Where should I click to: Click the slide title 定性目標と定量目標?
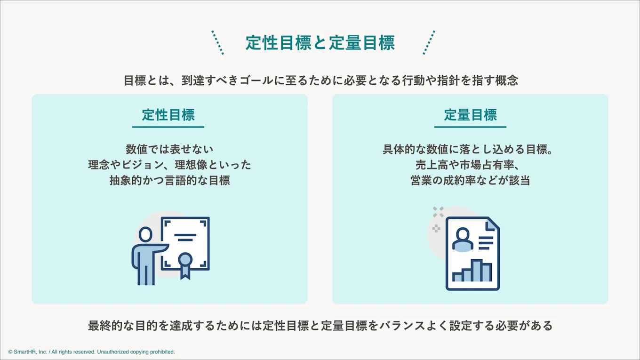[320, 43]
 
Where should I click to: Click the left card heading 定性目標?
[168, 115]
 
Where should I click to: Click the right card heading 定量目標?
[470, 115]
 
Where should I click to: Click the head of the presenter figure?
[146, 234]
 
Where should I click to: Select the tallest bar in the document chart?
[477, 270]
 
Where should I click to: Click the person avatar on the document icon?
[462, 239]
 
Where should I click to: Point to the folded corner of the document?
[492, 224]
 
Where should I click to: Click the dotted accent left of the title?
[217, 42]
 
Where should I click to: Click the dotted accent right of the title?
[429, 42]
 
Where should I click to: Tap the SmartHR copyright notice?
[91, 352]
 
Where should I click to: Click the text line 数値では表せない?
[169, 149]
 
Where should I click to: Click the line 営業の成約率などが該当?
[470, 180]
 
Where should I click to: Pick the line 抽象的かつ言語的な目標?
[169, 180]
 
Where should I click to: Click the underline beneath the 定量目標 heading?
[470, 127]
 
